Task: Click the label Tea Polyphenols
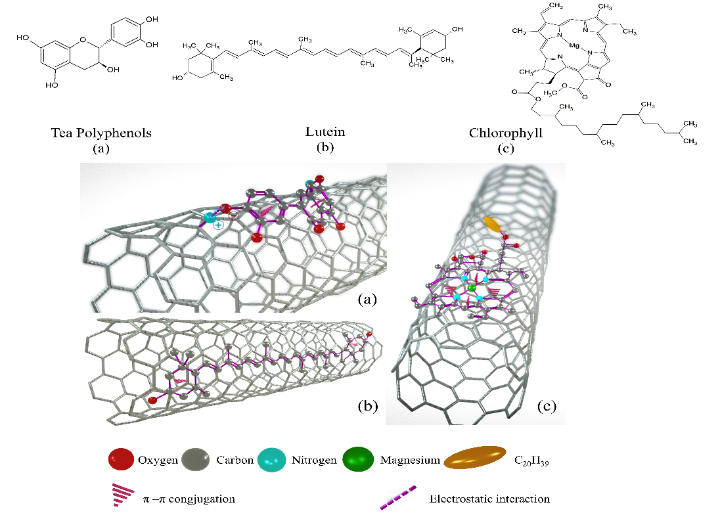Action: tap(101, 133)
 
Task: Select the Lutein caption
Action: tap(325, 132)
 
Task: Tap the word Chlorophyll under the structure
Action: tap(505, 133)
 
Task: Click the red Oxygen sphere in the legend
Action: tap(120, 460)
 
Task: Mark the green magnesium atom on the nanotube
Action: tap(471, 288)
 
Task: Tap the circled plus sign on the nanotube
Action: tap(218, 225)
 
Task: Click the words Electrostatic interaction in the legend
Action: tap(489, 499)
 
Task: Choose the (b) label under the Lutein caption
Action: tap(325, 147)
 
